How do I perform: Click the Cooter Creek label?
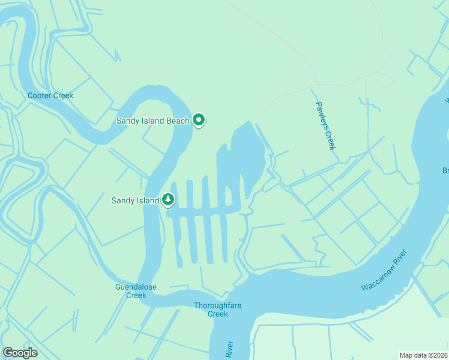click(x=50, y=95)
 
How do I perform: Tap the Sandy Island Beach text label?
click(x=152, y=121)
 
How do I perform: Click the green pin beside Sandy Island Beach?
click(x=199, y=121)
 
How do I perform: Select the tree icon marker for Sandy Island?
click(x=168, y=200)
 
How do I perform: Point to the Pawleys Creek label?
click(x=325, y=125)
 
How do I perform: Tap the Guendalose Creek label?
click(x=136, y=291)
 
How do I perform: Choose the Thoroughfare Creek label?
click(x=218, y=310)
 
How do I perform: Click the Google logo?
click(x=20, y=353)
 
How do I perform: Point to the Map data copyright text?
click(x=424, y=355)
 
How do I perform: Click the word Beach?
click(x=178, y=121)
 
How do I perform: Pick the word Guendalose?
click(x=136, y=287)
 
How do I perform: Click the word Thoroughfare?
click(x=218, y=305)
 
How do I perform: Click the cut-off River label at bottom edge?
click(x=229, y=350)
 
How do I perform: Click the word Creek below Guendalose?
click(x=136, y=295)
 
